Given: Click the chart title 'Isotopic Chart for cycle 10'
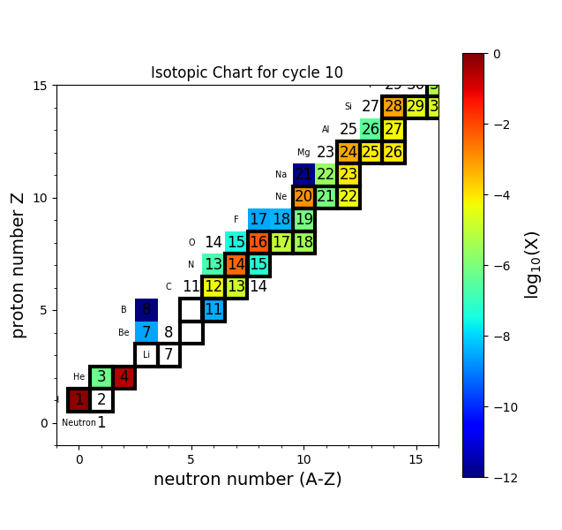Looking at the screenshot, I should coord(247,73).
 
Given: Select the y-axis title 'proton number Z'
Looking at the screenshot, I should coord(18,265).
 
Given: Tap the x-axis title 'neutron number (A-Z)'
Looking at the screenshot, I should coord(247,480).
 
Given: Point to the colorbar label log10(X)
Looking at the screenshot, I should coord(532,265).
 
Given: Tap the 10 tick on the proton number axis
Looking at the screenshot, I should coord(40,198).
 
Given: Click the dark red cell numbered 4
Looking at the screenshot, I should coord(124,377).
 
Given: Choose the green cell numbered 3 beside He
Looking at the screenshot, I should coord(101,377).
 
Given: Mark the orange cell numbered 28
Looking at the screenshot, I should coord(393,107).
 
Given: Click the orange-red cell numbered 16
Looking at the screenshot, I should coord(259,242).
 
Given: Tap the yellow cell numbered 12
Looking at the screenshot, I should coord(214,287).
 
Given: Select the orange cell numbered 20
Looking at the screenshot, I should coord(303,197).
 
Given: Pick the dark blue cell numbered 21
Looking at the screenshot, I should coord(303,174).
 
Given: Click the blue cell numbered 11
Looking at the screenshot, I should coord(214,309).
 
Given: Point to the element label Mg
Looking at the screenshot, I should coord(303,153).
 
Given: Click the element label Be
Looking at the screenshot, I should coord(124,333).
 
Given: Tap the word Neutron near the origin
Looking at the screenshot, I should coord(79,423).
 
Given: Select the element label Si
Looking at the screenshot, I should coord(348,107).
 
